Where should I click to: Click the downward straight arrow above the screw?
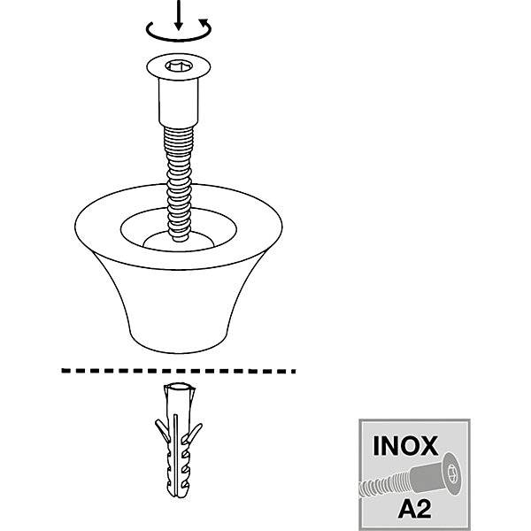pyautogui.click(x=179, y=15)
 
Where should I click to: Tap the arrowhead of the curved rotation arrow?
pyautogui.click(x=204, y=23)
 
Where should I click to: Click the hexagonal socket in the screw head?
pyautogui.click(x=178, y=65)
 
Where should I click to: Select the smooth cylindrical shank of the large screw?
pyautogui.click(x=179, y=103)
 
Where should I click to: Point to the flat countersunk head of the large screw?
pyautogui.click(x=179, y=66)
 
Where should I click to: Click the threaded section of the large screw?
pyautogui.click(x=179, y=183)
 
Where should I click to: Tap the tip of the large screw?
pyautogui.click(x=180, y=239)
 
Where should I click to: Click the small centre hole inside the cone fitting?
pyautogui.click(x=179, y=241)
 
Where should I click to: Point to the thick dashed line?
pyautogui.click(x=179, y=371)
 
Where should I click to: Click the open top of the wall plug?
pyautogui.click(x=179, y=387)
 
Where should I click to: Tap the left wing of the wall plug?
pyautogui.click(x=162, y=430)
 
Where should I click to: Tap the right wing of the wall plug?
pyautogui.click(x=194, y=433)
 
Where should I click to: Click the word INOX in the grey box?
pyautogui.click(x=405, y=446)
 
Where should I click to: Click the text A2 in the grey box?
pyautogui.click(x=414, y=509)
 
